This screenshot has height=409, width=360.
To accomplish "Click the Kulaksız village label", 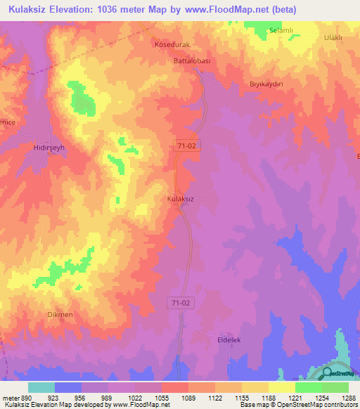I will pyautogui.click(x=180, y=199).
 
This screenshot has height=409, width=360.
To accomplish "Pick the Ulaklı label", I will pyautogui.click(x=332, y=37).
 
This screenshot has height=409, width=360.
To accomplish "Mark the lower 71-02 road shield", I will pyautogui.click(x=180, y=302).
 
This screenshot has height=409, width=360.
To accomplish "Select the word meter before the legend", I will pyautogui.click(x=9, y=397).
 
